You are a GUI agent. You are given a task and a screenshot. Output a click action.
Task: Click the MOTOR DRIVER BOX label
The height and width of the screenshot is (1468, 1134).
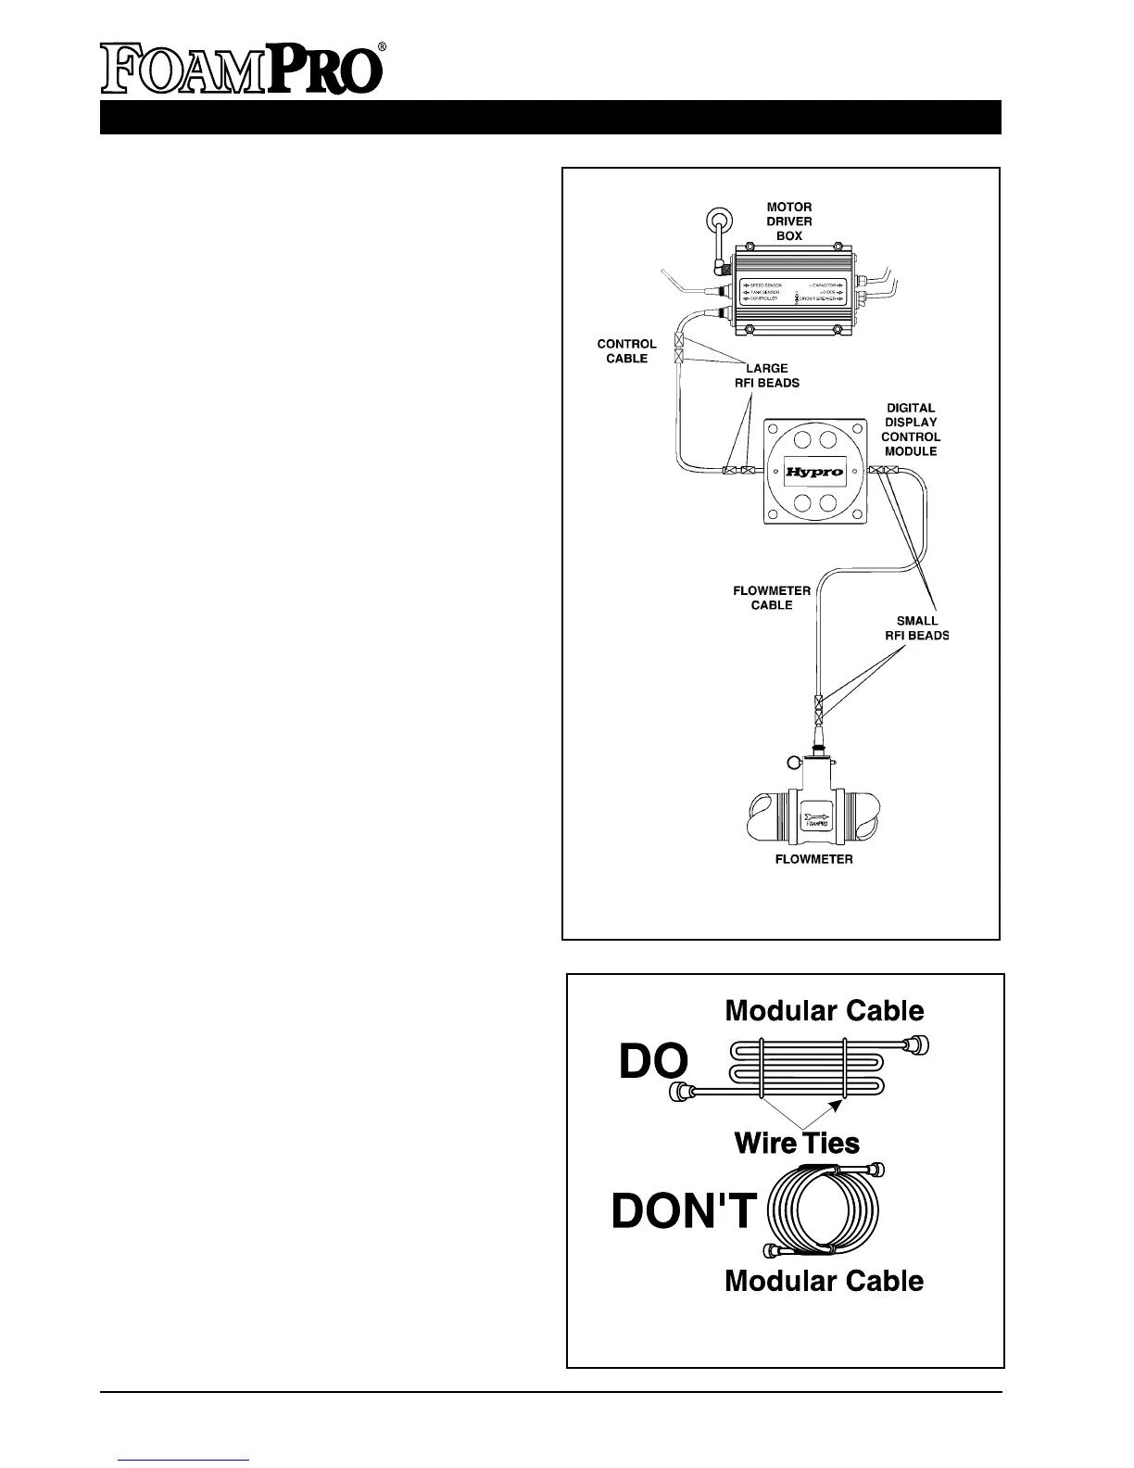tap(789, 221)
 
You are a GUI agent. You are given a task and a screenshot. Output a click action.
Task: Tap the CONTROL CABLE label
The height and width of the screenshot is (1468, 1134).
tap(626, 351)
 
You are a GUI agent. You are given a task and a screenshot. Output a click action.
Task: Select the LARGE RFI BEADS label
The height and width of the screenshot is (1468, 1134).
tap(767, 375)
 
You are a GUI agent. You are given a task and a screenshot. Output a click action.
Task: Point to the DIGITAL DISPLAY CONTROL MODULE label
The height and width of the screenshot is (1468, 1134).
tap(910, 429)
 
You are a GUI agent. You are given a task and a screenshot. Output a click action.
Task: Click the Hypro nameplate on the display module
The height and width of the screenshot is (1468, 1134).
tap(814, 472)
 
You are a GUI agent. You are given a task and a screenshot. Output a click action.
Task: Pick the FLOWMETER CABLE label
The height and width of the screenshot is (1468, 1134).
tap(772, 598)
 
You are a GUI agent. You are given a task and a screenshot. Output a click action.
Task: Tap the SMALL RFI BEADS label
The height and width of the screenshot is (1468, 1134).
tap(917, 628)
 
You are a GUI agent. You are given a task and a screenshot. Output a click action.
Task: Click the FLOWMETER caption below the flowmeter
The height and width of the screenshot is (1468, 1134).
tap(813, 859)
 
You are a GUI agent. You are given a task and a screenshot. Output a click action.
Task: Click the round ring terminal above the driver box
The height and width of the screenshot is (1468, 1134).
tap(720, 221)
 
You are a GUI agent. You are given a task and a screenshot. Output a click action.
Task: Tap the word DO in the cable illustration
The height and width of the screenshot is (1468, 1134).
tap(654, 1061)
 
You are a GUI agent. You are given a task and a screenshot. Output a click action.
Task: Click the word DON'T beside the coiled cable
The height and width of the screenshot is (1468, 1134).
tap(684, 1211)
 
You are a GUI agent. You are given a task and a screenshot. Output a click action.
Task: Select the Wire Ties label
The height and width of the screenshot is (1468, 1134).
tap(797, 1143)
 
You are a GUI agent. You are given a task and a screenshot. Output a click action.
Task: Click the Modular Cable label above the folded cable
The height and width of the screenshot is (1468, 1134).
tap(825, 1010)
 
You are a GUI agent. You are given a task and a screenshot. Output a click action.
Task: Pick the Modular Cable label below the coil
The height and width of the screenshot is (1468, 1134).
tap(824, 1281)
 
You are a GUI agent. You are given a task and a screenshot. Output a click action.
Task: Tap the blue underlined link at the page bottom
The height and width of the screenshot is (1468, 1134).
tap(184, 1460)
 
